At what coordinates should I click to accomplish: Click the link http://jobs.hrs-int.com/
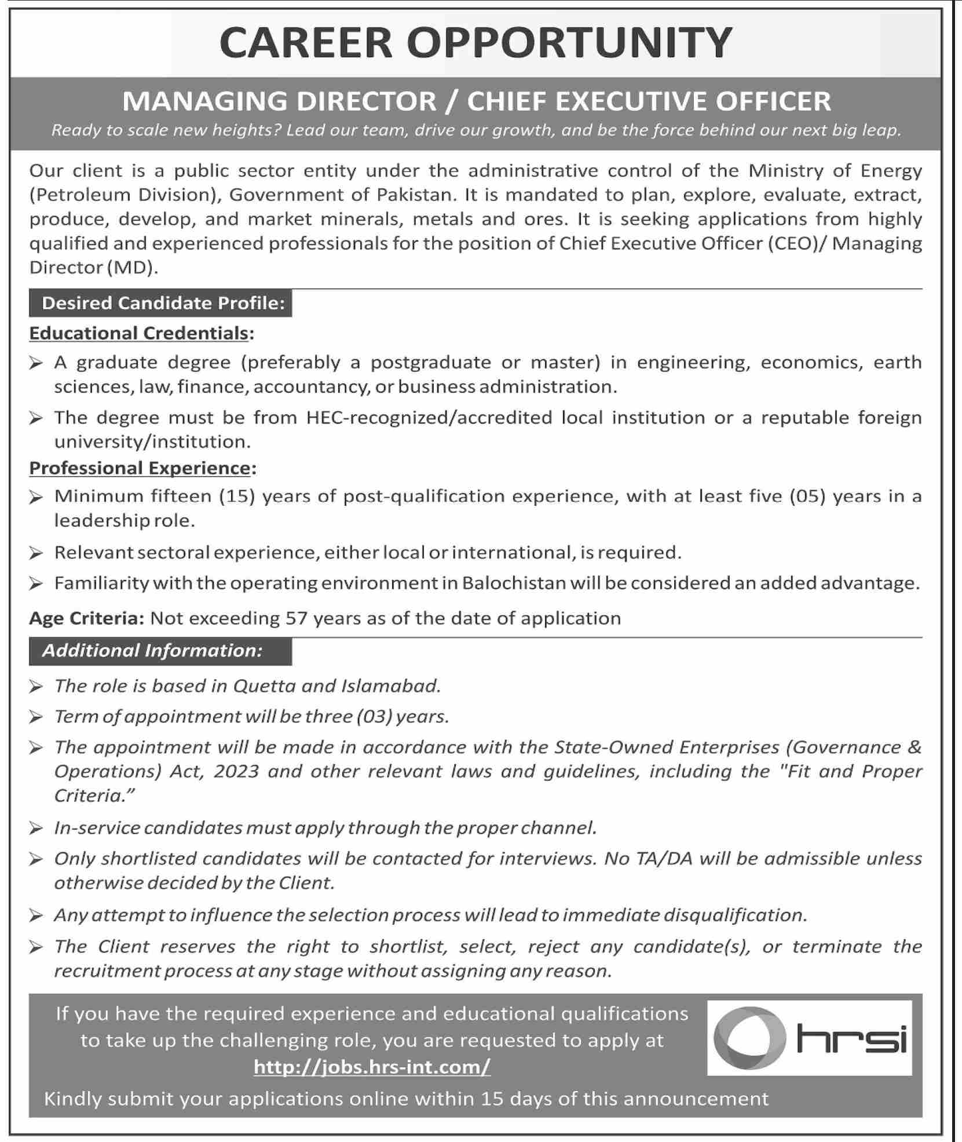click(x=372, y=1067)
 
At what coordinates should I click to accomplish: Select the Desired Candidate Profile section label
click(x=163, y=303)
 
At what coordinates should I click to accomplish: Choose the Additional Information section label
click(x=152, y=651)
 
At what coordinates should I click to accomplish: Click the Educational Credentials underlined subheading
click(x=139, y=333)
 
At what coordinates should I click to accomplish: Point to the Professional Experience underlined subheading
click(x=140, y=468)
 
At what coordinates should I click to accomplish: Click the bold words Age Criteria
click(x=86, y=618)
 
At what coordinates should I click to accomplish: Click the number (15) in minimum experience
click(x=237, y=497)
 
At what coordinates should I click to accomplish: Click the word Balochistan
click(x=514, y=583)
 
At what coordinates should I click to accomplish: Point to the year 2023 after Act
click(x=236, y=771)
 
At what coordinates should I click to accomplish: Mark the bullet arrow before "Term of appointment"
click(x=36, y=717)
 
